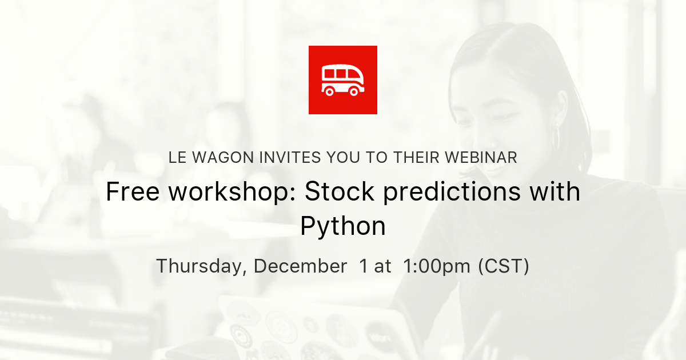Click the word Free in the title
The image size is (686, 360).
[133, 193]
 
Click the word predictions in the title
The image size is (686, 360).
[452, 193]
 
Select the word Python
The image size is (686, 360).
[343, 227]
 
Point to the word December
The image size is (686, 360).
[300, 266]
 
